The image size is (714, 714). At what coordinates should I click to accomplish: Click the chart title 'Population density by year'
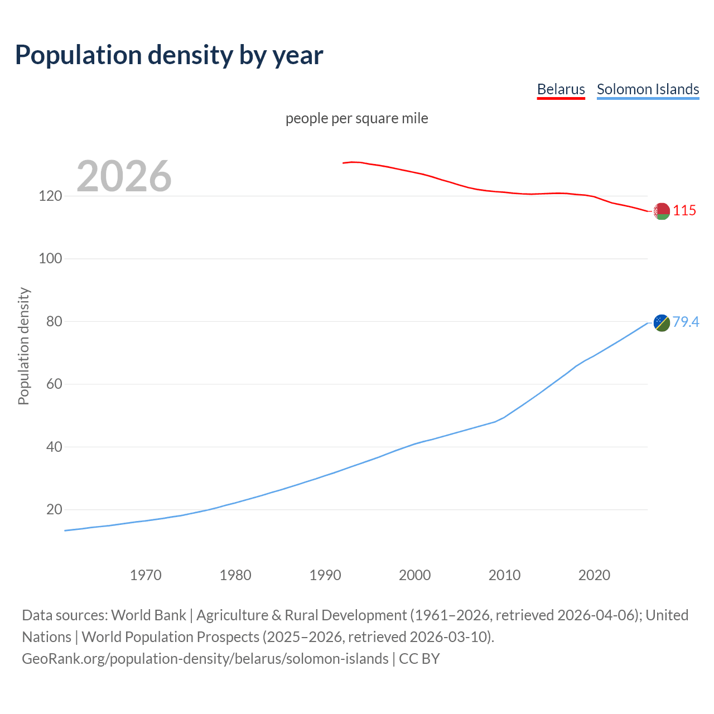(x=169, y=55)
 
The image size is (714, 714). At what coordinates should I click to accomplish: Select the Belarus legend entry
(x=561, y=89)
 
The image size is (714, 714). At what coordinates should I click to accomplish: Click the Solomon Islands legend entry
(x=648, y=89)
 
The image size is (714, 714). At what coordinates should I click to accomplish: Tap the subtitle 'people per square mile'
(x=356, y=118)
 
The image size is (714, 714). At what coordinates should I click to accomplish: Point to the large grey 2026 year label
(x=124, y=176)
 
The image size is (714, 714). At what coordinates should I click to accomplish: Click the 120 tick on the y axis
(x=50, y=196)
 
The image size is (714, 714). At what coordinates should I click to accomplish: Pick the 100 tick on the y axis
(x=50, y=259)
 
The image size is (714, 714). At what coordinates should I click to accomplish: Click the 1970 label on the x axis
(x=146, y=575)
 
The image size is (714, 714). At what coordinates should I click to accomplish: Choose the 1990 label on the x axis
(x=325, y=575)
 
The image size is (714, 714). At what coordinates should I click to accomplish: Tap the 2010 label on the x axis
(x=504, y=575)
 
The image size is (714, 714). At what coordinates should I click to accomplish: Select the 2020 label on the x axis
(x=594, y=575)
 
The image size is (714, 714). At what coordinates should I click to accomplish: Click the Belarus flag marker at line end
(x=662, y=211)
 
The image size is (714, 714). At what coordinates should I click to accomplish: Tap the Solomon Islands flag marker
(x=662, y=322)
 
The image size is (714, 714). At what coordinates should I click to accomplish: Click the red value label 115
(x=684, y=210)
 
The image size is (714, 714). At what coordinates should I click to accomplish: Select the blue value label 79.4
(x=686, y=322)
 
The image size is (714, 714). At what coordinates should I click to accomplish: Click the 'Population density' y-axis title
(x=23, y=346)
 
